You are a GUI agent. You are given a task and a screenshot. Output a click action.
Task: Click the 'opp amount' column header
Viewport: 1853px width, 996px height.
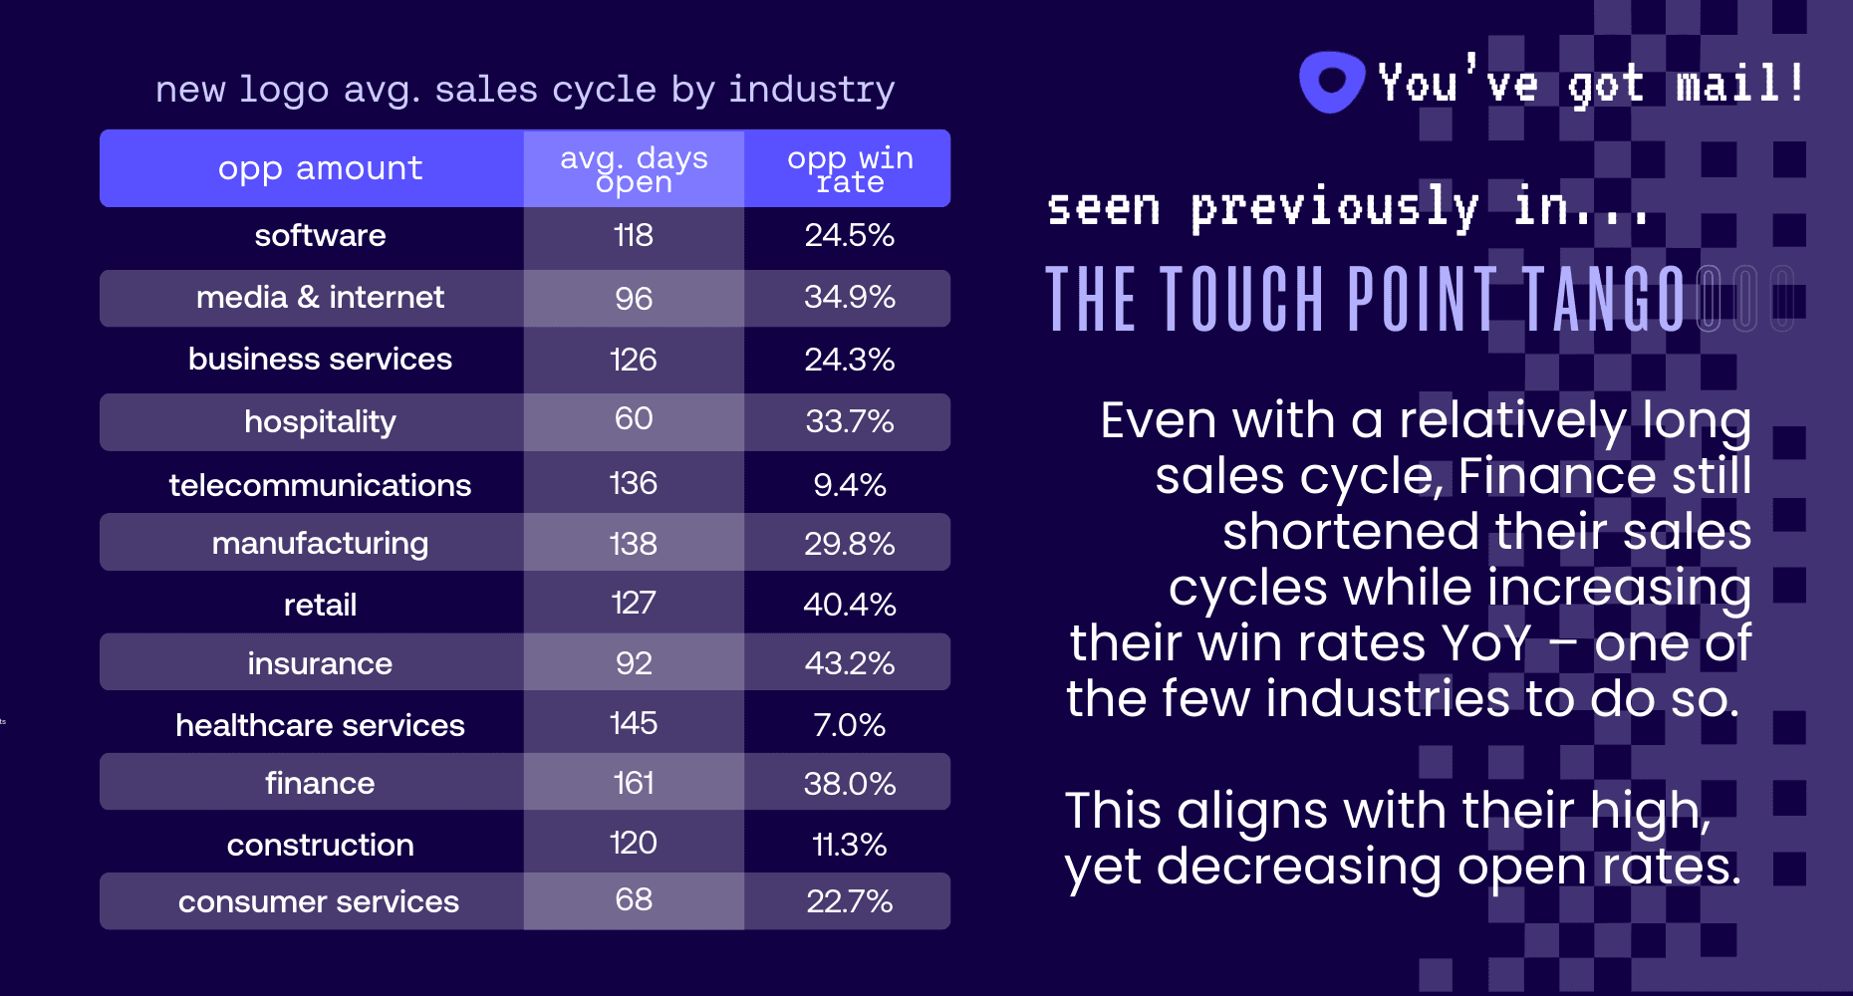tap(320, 168)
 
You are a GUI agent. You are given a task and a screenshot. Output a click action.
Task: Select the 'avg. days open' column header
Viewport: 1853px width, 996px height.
tap(634, 169)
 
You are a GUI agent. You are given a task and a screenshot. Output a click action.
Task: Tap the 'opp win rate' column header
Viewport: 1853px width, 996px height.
tap(850, 169)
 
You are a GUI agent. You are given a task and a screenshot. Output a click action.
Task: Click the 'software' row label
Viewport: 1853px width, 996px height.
tap(320, 236)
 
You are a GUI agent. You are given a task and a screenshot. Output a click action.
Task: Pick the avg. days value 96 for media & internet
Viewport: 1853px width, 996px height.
tap(634, 299)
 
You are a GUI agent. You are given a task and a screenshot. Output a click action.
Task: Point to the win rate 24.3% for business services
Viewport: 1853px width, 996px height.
tap(850, 360)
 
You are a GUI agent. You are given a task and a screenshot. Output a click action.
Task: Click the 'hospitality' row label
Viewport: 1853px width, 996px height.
tap(320, 422)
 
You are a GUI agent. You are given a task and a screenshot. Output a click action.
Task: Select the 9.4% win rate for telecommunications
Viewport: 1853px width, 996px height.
tap(850, 485)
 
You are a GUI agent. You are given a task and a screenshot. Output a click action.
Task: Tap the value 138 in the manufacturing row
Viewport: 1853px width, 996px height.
tap(634, 544)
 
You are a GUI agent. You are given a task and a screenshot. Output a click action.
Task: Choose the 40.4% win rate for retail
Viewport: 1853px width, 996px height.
tap(850, 605)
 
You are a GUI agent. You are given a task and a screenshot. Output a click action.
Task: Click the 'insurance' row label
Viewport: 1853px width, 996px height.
tap(320, 664)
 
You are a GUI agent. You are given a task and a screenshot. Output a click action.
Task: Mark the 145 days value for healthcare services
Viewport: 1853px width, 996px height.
tap(634, 724)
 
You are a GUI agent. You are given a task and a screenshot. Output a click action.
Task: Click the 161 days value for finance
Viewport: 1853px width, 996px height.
tap(634, 784)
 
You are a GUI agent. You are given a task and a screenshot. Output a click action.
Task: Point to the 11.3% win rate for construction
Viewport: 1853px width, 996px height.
tap(850, 845)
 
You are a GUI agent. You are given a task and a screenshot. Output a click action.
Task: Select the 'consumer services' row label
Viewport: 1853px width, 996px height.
tap(319, 902)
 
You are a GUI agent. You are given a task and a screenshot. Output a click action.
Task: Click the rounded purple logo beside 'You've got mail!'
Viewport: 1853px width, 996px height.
tap(1331, 82)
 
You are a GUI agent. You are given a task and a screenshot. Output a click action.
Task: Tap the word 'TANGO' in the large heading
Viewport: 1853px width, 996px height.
tap(1603, 299)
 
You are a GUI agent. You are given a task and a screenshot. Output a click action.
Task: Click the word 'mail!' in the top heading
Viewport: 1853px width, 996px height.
tap(1739, 84)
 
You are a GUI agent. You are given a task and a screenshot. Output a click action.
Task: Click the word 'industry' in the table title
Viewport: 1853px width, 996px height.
tap(811, 90)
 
